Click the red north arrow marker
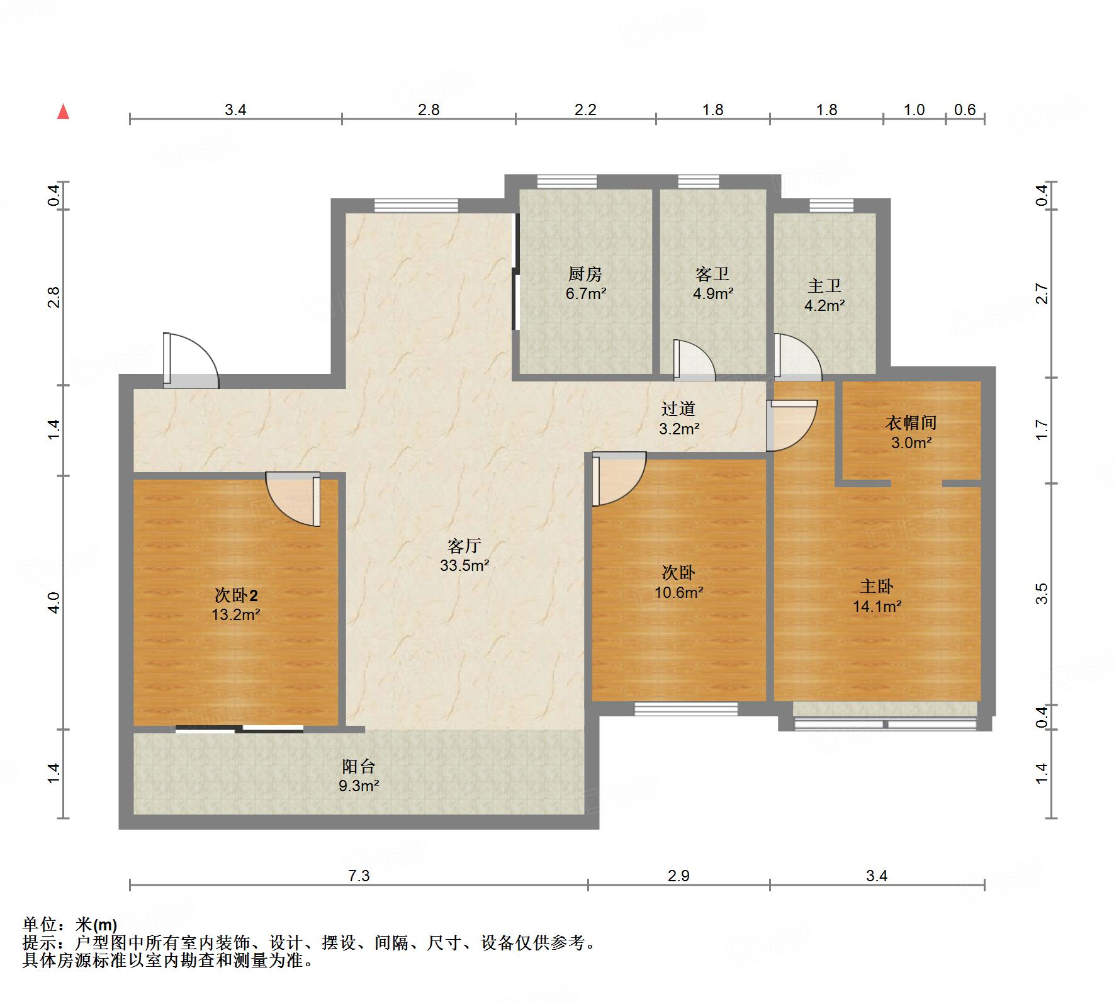pyautogui.click(x=63, y=112)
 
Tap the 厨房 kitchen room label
pyautogui.click(x=585, y=274)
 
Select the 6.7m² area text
pyautogui.click(x=585, y=293)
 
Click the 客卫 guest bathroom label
pyautogui.click(x=712, y=274)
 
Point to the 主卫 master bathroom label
pyautogui.click(x=824, y=286)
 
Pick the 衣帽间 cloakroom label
pyautogui.click(x=911, y=423)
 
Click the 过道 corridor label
pyautogui.click(x=678, y=409)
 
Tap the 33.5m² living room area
pyautogui.click(x=464, y=565)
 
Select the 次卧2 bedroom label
pyautogui.click(x=236, y=595)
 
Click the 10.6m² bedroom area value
pyautogui.click(x=678, y=592)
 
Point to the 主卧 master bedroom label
pyautogui.click(x=877, y=587)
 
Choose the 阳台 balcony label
pyautogui.click(x=359, y=766)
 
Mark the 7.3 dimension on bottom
pyautogui.click(x=359, y=876)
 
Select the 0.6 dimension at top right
pyautogui.click(x=964, y=110)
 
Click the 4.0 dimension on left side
pyautogui.click(x=54, y=602)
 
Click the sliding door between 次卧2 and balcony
pyautogui.click(x=239, y=729)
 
